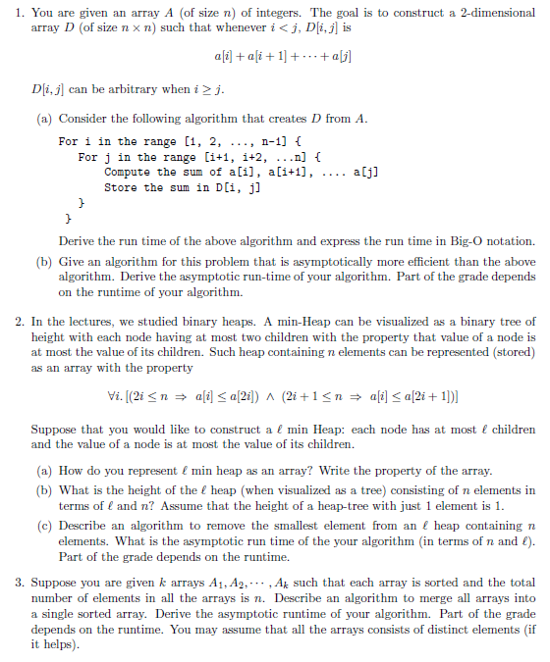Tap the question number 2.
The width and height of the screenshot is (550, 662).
[19, 321]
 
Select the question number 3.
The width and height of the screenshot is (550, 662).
[19, 582]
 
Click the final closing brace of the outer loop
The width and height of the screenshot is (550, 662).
[67, 219]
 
